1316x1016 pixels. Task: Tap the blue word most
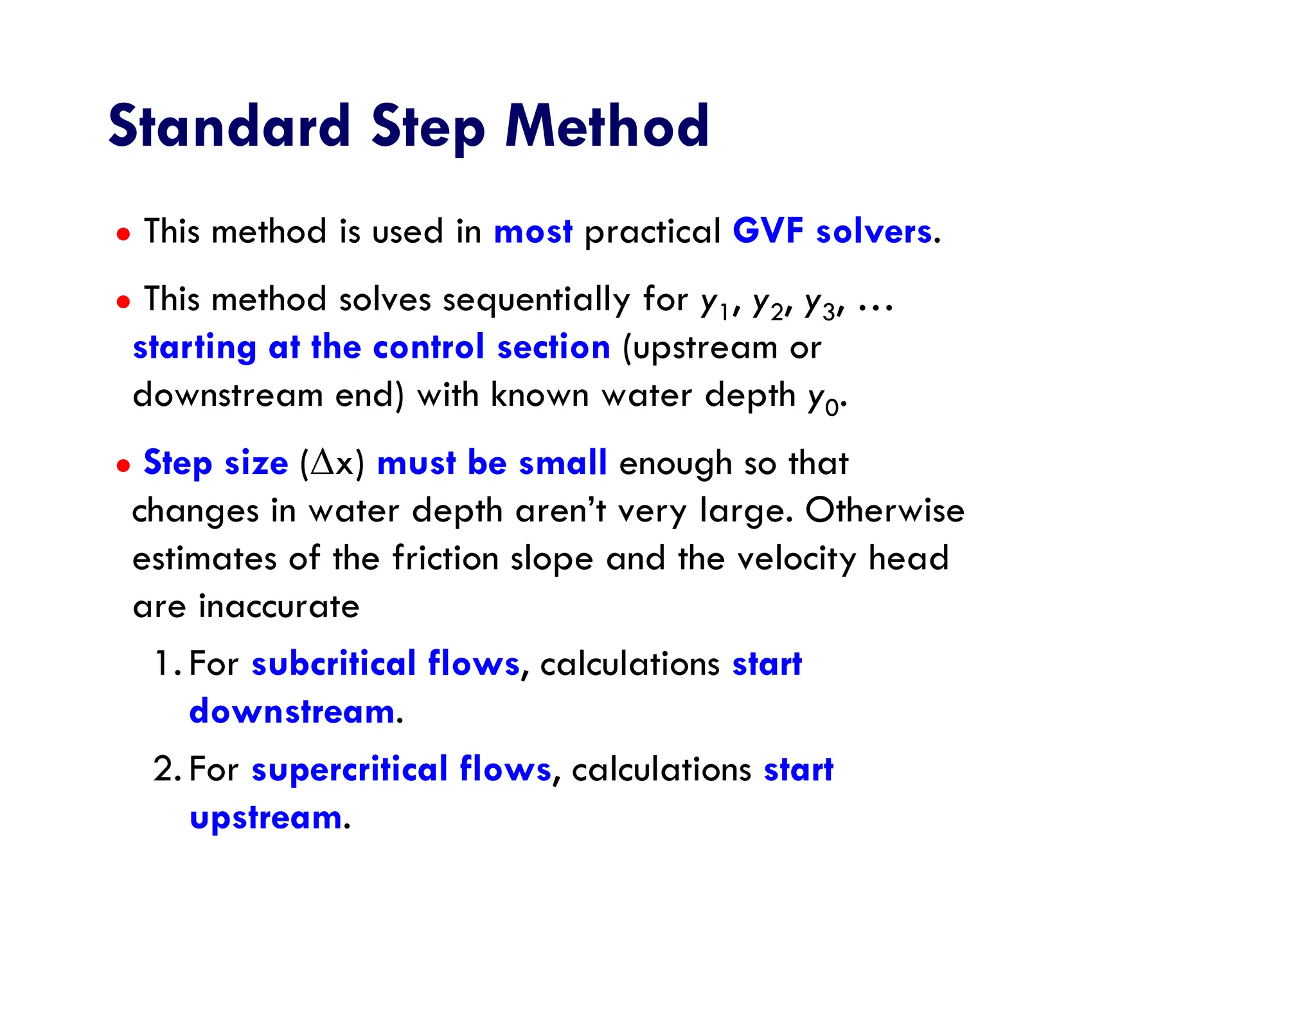tap(533, 231)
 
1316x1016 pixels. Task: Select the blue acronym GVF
tap(767, 231)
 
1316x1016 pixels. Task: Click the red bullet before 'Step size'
tap(123, 465)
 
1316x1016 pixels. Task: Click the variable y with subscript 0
tap(823, 399)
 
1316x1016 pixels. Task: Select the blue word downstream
tap(292, 712)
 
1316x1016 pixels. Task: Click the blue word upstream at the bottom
tap(266, 818)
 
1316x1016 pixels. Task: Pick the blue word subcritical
tap(333, 663)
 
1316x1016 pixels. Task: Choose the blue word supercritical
tap(349, 769)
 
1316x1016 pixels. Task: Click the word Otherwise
tap(884, 511)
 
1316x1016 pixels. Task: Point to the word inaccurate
tap(279, 606)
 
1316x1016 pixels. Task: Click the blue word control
tap(428, 347)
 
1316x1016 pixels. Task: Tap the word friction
tap(445, 558)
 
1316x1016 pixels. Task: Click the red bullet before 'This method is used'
tap(123, 234)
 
